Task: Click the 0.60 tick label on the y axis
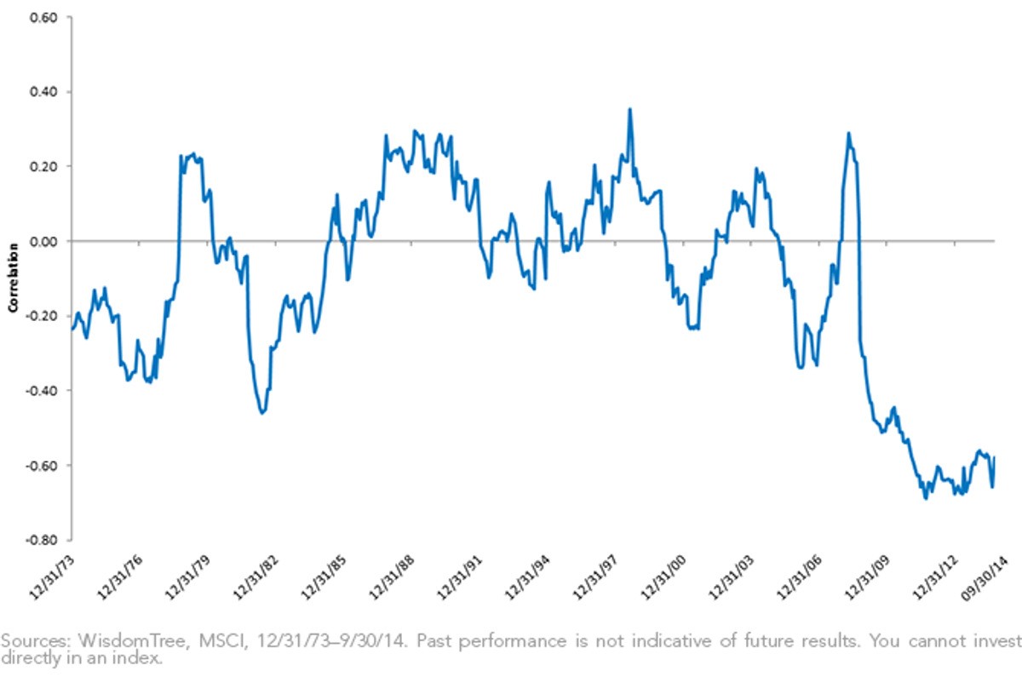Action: click(43, 18)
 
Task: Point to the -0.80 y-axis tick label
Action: click(42, 540)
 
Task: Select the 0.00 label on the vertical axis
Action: click(43, 241)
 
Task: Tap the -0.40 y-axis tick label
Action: click(42, 391)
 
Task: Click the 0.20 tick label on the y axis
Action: click(43, 167)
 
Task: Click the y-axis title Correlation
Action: click(13, 278)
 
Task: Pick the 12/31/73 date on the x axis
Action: click(51, 577)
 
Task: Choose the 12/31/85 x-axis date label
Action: click(323, 577)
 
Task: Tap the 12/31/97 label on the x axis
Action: click(594, 577)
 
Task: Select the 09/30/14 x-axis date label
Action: click(984, 578)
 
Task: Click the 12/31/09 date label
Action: click(867, 577)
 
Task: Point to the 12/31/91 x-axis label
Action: click(459, 577)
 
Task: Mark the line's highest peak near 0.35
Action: click(630, 109)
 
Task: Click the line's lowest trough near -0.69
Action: click(926, 499)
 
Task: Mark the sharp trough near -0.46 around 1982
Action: click(262, 413)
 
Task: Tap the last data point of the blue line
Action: click(994, 456)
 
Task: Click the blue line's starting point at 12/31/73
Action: click(72, 329)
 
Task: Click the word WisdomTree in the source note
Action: click(131, 641)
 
